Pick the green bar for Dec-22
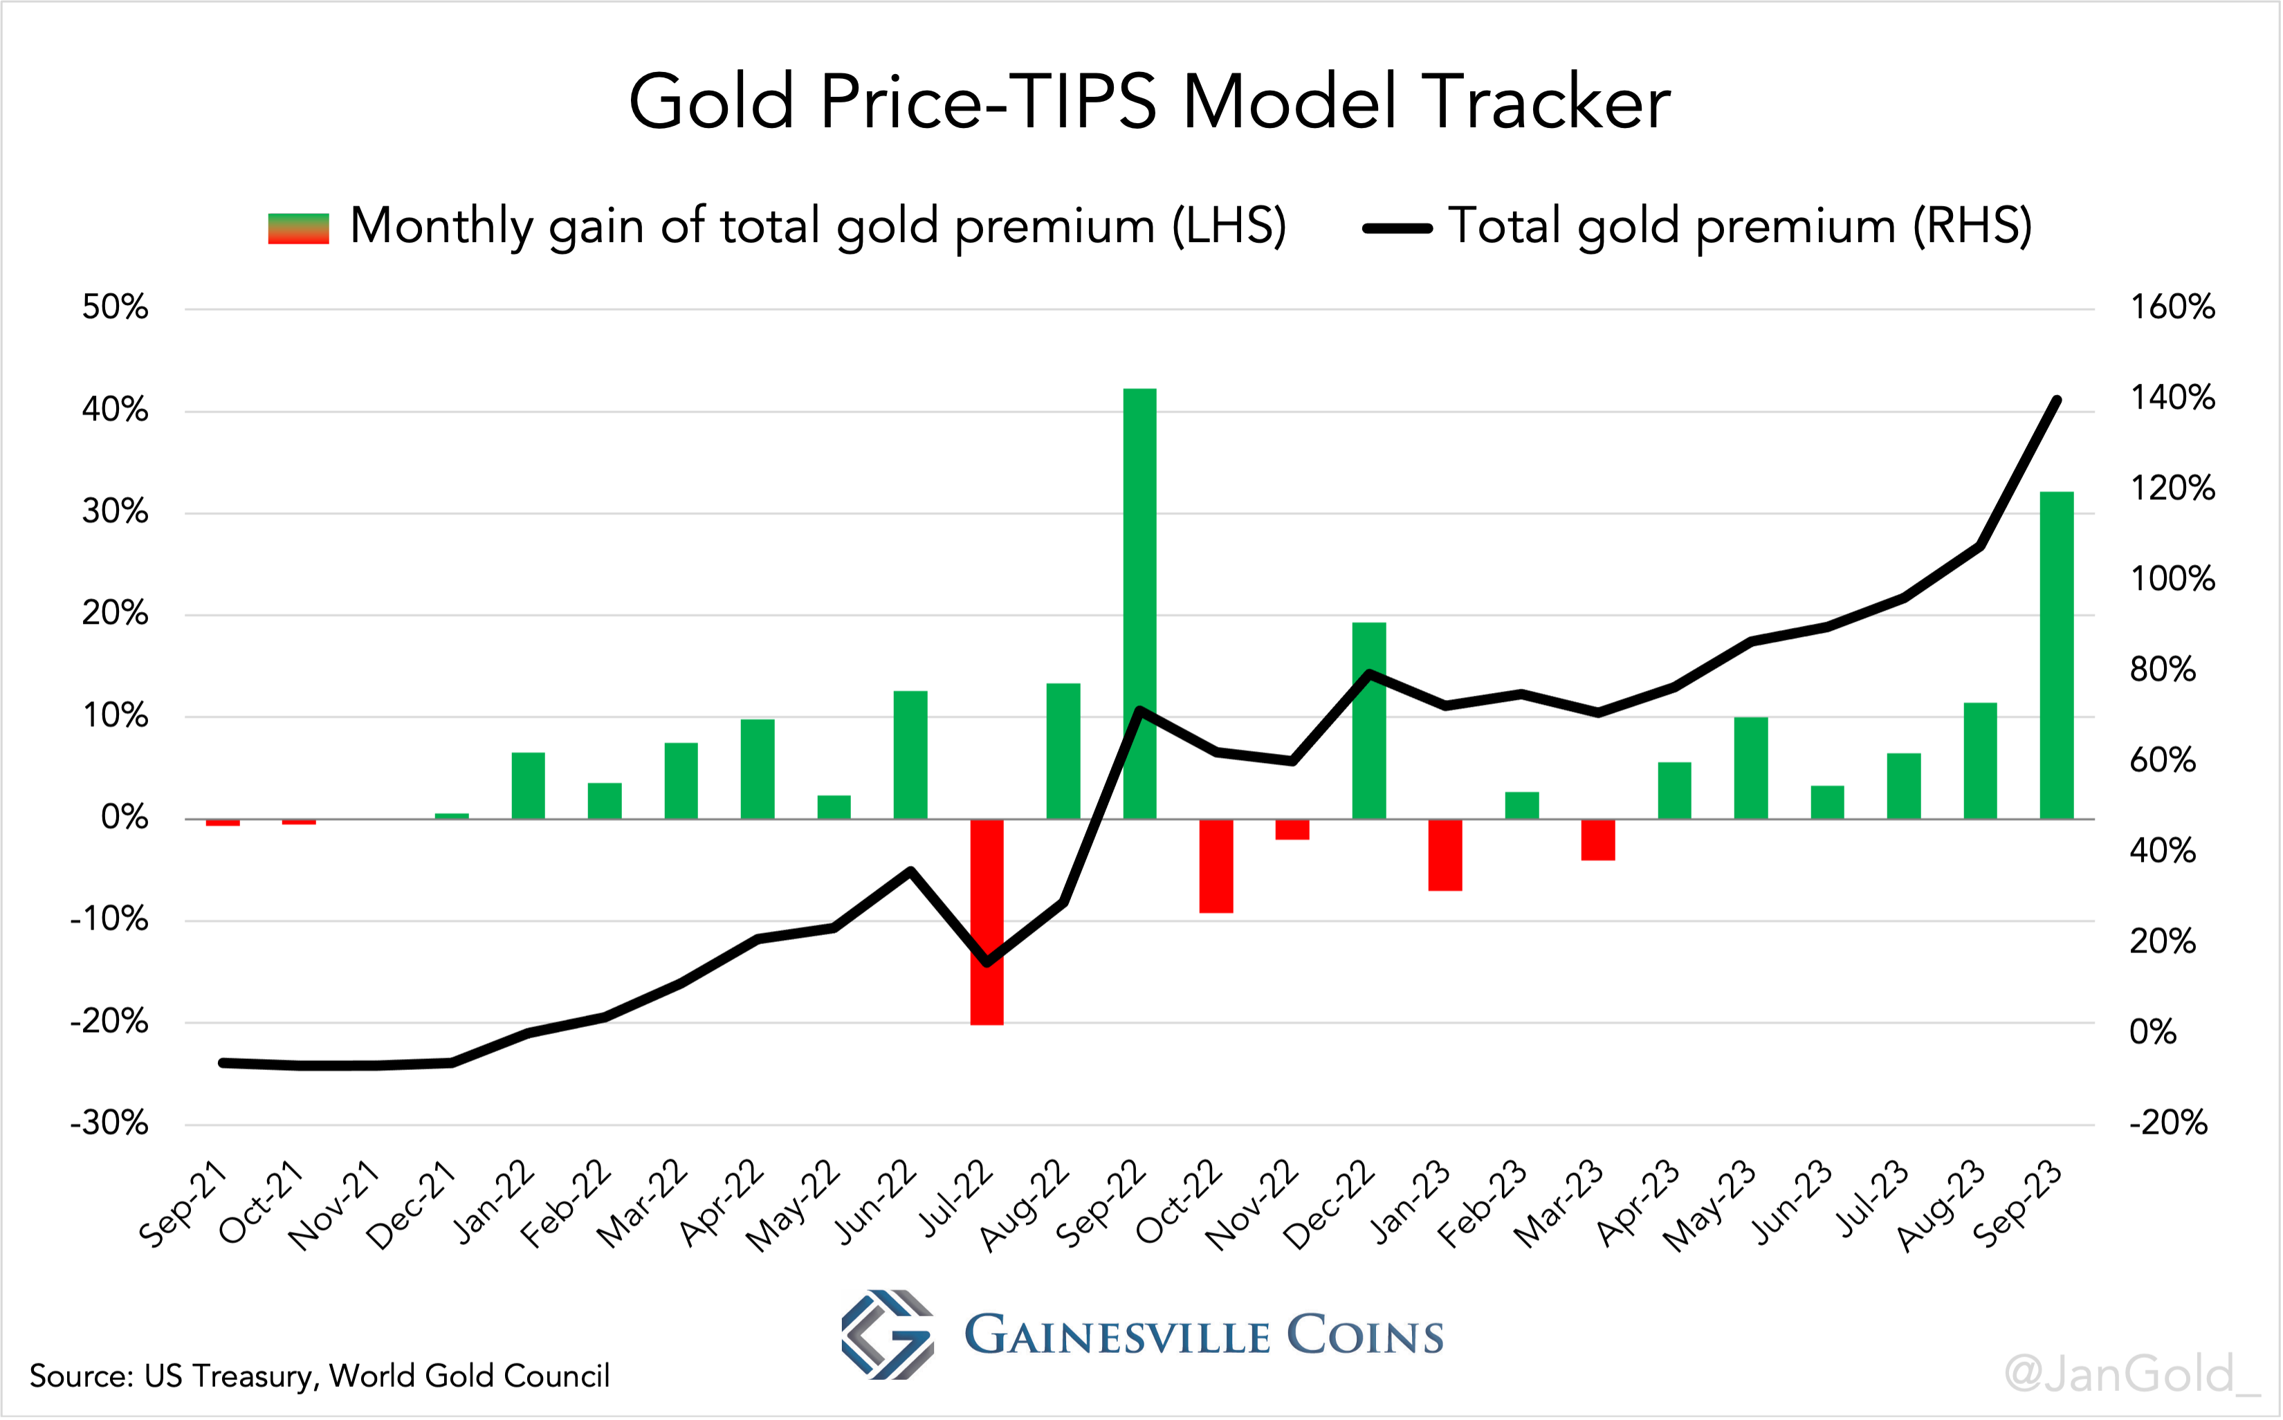1368,719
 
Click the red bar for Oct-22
1216,865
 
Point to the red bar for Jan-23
1445,855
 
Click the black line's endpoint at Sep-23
2057,400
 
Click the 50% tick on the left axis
115,308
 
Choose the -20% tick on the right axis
2167,1123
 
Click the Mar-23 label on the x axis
1559,1205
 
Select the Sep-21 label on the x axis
184,1205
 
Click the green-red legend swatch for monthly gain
299,228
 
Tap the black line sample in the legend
1397,228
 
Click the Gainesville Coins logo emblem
886,1334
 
